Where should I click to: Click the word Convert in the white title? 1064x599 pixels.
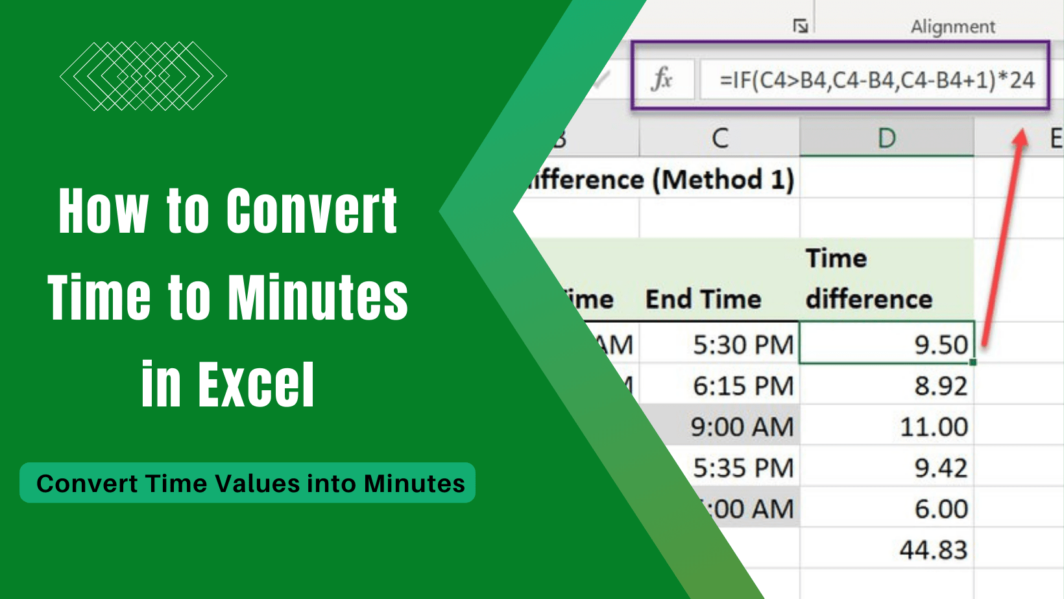click(311, 211)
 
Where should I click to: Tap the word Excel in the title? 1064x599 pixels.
click(256, 385)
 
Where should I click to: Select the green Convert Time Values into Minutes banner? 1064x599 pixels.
click(248, 483)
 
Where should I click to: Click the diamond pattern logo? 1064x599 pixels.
click(143, 76)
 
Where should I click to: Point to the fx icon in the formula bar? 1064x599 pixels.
click(662, 80)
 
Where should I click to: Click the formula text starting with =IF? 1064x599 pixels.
click(877, 80)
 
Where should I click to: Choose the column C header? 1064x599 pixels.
click(719, 138)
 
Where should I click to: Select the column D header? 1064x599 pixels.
click(886, 138)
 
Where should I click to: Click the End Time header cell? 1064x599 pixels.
click(703, 299)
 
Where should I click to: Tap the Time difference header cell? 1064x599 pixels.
click(869, 279)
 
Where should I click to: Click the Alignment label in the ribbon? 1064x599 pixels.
click(952, 27)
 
